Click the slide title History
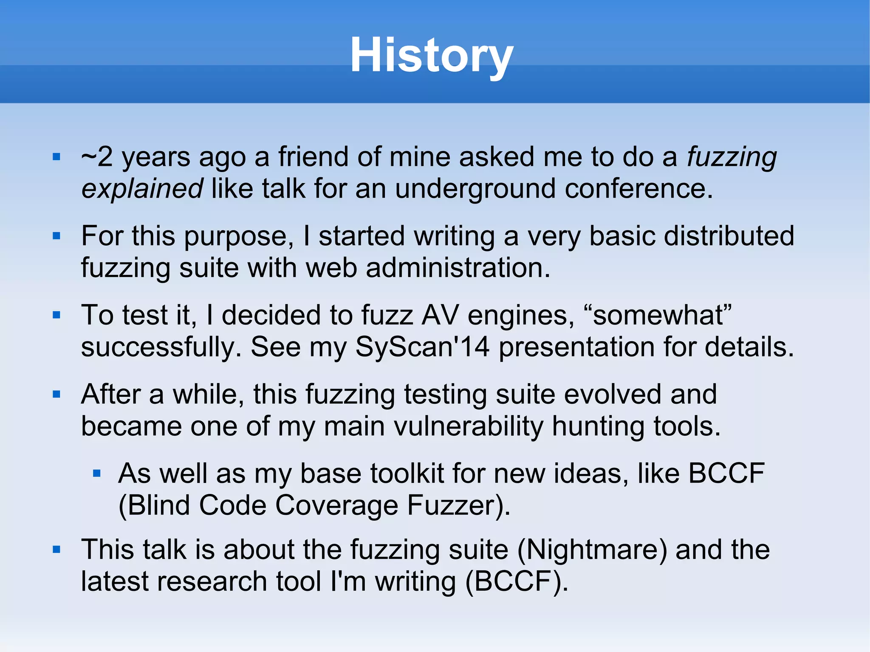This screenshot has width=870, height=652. click(x=432, y=56)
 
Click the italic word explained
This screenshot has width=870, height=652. click(x=142, y=189)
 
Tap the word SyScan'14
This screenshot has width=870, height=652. click(x=423, y=347)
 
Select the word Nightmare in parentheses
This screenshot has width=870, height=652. click(x=592, y=549)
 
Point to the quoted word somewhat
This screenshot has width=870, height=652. click(x=658, y=315)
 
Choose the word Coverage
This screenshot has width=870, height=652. click(x=336, y=505)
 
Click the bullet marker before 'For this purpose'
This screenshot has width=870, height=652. click(x=56, y=236)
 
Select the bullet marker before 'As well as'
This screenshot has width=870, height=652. click(x=96, y=473)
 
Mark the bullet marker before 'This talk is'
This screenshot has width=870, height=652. click(x=56, y=549)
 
